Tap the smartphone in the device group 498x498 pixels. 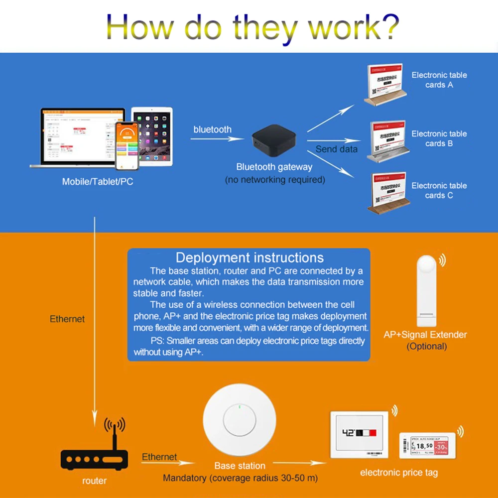click(x=126, y=145)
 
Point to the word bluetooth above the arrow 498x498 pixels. click(x=212, y=129)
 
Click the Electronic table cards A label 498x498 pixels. click(x=439, y=80)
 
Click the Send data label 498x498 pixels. click(x=336, y=149)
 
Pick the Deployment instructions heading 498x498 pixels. click(x=249, y=258)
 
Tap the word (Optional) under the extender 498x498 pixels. click(x=426, y=346)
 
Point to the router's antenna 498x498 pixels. click(x=115, y=433)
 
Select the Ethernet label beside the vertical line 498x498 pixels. click(x=67, y=319)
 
